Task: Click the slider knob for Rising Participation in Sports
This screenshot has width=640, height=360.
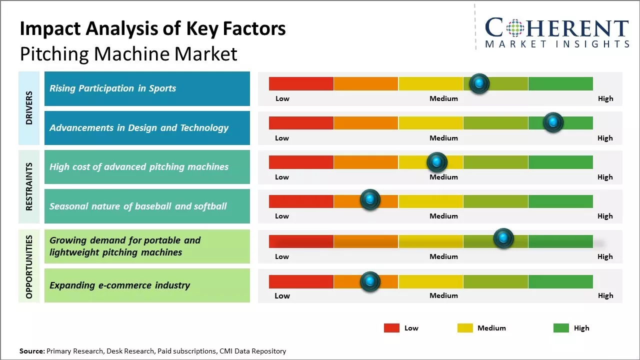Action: point(479,83)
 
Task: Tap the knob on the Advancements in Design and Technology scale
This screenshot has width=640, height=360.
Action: point(553,122)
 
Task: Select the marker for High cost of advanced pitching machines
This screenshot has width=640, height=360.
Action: point(437,162)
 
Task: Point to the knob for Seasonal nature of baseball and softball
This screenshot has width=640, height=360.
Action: point(370,200)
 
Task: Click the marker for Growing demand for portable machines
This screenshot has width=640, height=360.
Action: point(503,238)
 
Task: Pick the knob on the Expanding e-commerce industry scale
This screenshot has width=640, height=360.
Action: point(370,281)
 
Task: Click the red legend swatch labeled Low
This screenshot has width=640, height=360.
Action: point(391,328)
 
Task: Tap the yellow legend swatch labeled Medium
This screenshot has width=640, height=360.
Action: point(465,328)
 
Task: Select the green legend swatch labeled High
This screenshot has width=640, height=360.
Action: point(561,328)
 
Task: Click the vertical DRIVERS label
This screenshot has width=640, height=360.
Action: point(29,108)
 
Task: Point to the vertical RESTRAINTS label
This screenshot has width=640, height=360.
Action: point(29,186)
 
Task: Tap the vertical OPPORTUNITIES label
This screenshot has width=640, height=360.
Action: point(29,266)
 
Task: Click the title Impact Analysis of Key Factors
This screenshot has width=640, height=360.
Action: point(152,28)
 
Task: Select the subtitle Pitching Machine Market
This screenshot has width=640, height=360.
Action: point(128,53)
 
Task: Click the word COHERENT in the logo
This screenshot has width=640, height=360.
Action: point(557,28)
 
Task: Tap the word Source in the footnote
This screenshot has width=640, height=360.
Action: point(31,351)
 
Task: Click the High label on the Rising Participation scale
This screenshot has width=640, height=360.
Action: point(605,98)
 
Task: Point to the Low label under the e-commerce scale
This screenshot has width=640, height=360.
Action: point(282,295)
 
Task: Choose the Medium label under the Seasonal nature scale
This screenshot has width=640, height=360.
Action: point(443,216)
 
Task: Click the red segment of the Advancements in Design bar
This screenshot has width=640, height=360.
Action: point(301,123)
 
